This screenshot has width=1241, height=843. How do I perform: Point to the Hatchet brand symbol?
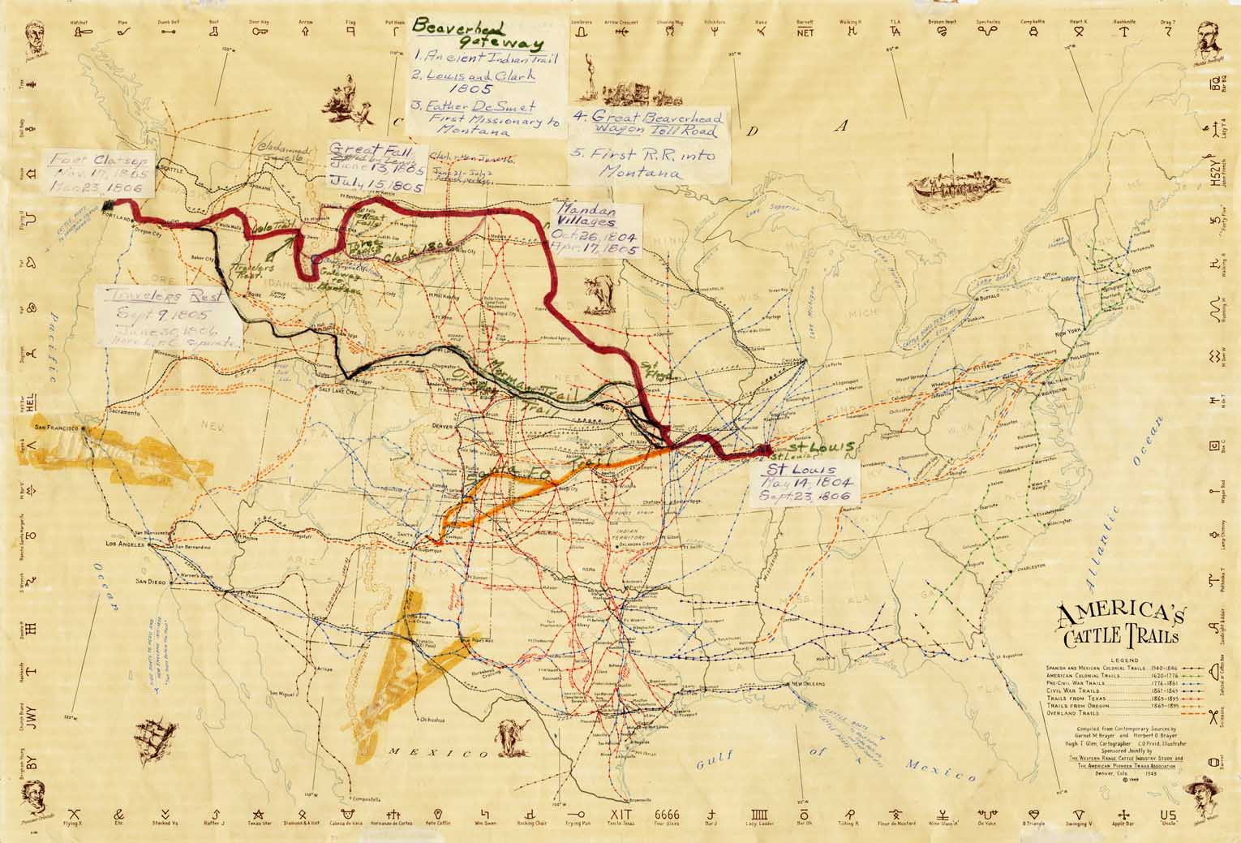click(x=79, y=31)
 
